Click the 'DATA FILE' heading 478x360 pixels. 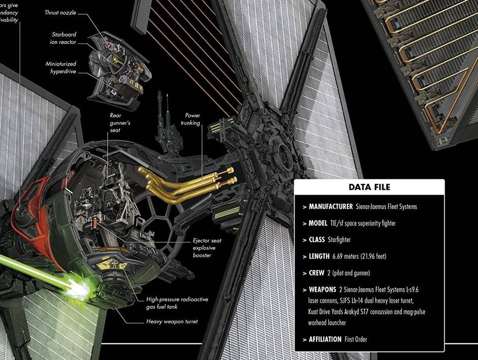(x=369, y=187)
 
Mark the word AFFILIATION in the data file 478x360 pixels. (x=325, y=339)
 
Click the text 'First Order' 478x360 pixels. (x=356, y=339)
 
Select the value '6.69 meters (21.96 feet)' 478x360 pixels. (x=359, y=256)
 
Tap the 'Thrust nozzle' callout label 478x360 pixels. (x=60, y=13)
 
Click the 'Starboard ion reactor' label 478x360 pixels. (x=63, y=38)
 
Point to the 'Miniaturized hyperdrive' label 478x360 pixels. (x=61, y=67)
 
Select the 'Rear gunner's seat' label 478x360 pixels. (x=115, y=122)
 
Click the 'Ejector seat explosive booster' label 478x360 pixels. (x=207, y=248)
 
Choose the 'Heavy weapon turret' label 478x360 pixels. (x=172, y=322)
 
